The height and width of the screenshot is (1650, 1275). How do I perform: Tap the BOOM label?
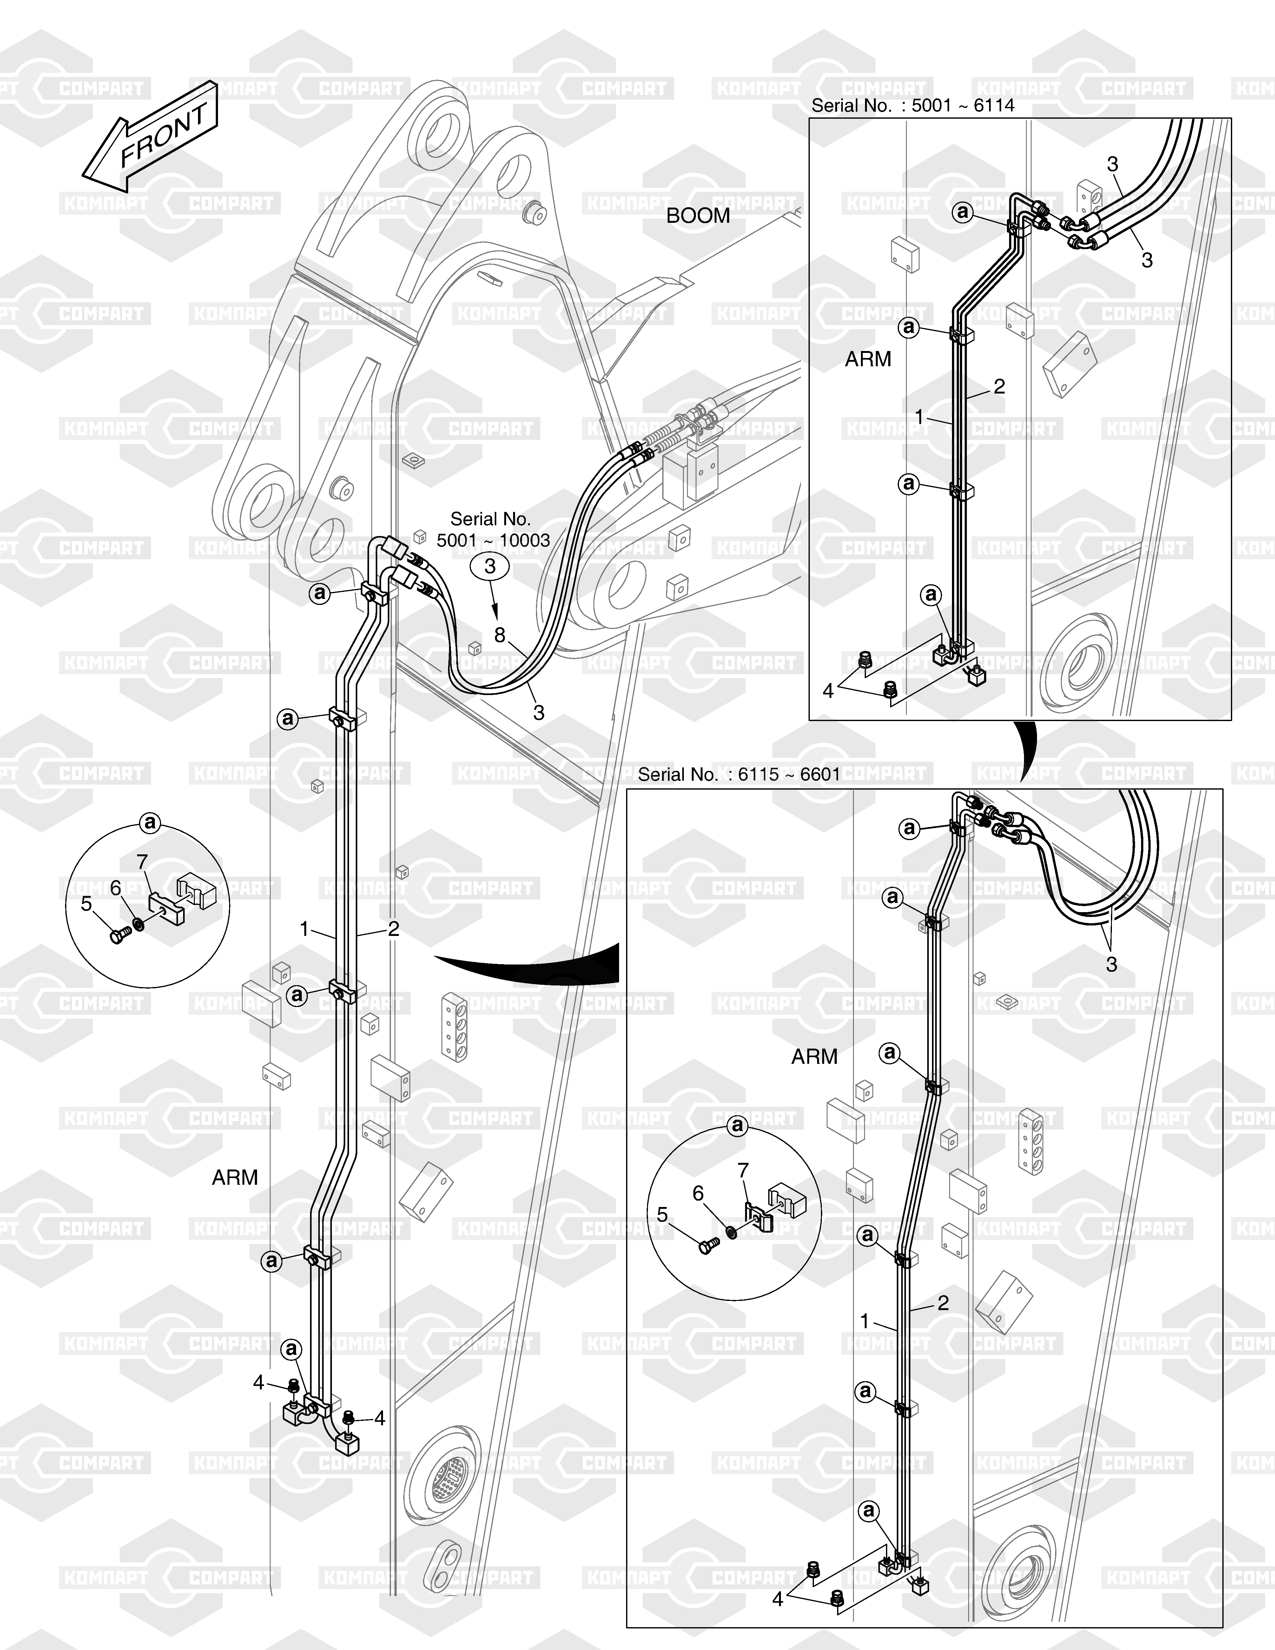[698, 216]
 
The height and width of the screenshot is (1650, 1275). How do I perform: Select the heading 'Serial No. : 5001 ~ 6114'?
[912, 106]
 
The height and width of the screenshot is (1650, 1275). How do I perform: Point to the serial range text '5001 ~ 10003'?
[493, 541]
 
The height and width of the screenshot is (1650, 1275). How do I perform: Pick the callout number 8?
[499, 635]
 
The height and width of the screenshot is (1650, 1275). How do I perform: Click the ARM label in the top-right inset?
[868, 360]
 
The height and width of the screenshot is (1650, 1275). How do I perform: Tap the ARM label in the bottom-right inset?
[814, 1057]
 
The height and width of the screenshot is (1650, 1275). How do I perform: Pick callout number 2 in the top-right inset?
[999, 387]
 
